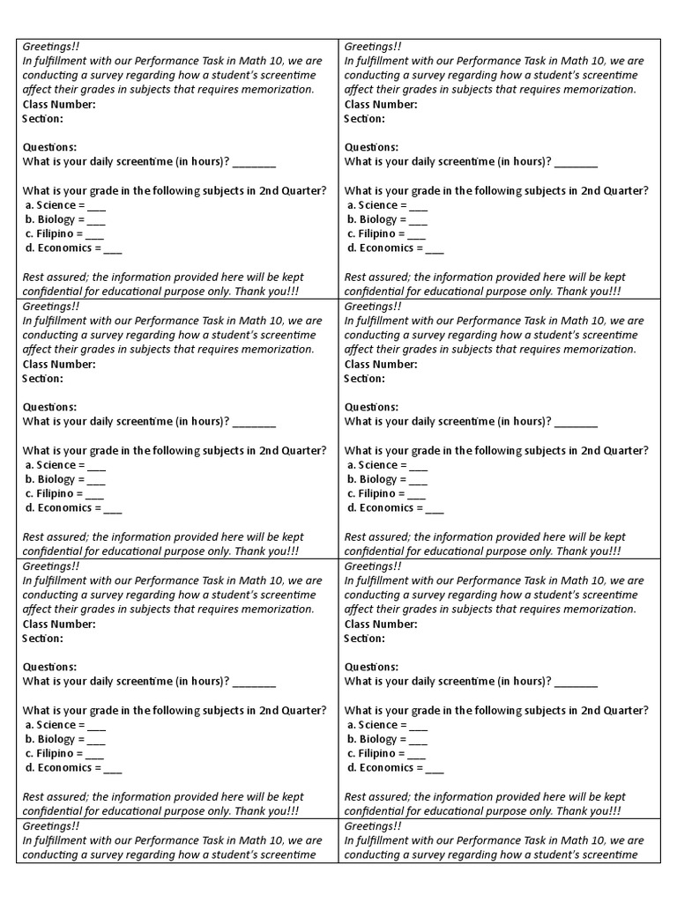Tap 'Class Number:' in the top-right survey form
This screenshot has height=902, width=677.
[381, 104]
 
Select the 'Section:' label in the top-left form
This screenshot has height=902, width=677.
[42, 118]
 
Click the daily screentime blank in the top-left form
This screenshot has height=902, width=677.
[255, 162]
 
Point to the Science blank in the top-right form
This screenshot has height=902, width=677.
[419, 206]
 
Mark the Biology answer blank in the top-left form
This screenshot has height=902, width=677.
[96, 220]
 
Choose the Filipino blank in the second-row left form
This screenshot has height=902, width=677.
[95, 494]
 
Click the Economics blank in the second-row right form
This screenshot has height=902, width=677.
[435, 508]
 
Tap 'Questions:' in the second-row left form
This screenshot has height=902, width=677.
[49, 407]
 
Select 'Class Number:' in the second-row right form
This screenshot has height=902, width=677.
[381, 364]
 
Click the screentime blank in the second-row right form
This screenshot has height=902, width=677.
[577, 422]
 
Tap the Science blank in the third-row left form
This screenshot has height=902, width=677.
[97, 726]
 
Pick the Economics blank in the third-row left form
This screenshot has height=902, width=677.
[113, 768]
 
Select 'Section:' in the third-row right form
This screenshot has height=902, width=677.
[364, 638]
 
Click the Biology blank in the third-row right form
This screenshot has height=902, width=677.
[418, 740]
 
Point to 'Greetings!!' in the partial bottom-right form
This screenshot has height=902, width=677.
[373, 826]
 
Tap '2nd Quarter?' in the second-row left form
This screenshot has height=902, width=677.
[293, 450]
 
